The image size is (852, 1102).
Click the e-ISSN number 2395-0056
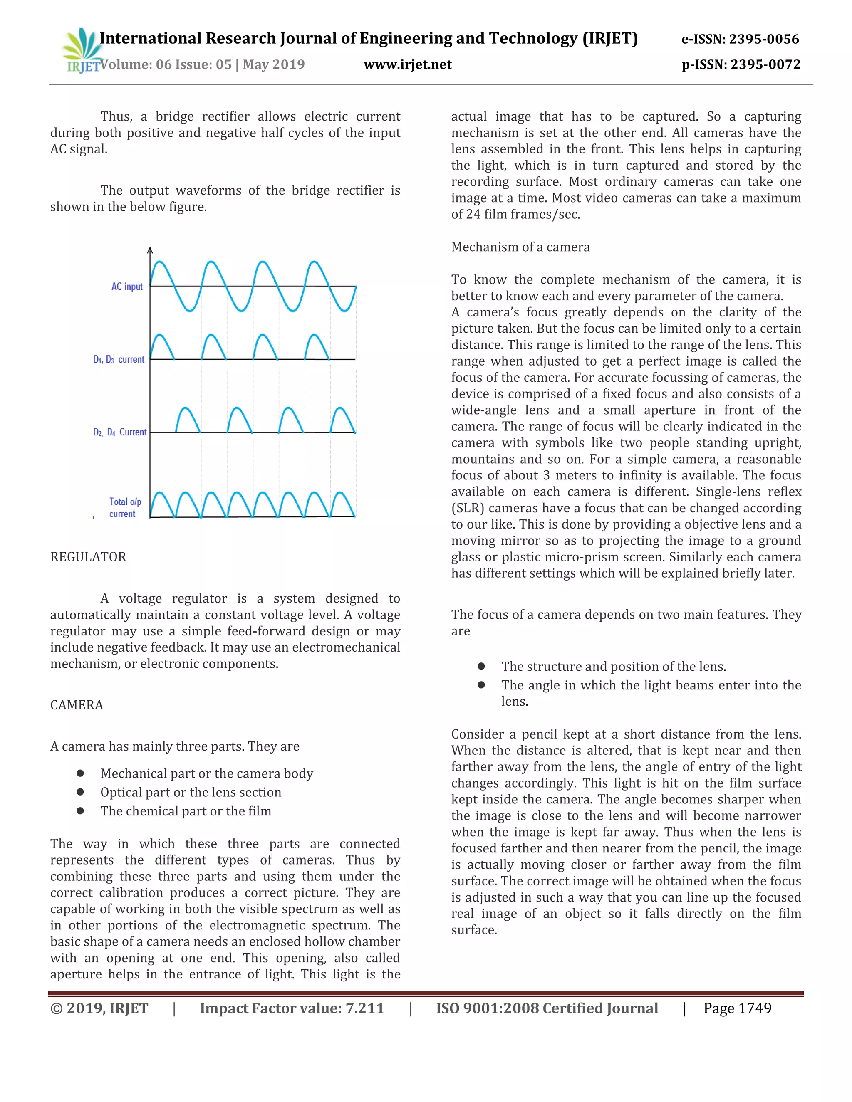point(764,40)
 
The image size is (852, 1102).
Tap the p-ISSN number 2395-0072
point(765,64)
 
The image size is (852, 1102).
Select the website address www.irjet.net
point(407,64)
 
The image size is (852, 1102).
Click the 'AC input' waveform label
point(127,287)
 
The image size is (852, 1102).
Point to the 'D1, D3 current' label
point(119,360)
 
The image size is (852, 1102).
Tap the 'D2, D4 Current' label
point(120,432)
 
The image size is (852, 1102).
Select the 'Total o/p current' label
point(125,508)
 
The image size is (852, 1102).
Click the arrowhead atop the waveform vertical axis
point(150,250)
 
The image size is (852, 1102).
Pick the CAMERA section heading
point(77,705)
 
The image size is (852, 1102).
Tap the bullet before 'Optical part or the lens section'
point(80,792)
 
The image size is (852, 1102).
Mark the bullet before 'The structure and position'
point(481,667)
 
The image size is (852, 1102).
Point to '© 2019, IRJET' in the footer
point(99,1008)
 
